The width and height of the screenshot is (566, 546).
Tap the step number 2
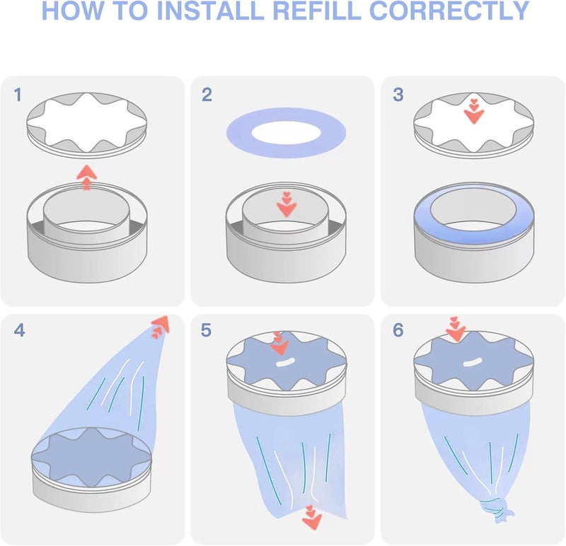[x=207, y=94]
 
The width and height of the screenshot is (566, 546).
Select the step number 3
[x=398, y=94]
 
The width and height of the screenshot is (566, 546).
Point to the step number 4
[x=19, y=330]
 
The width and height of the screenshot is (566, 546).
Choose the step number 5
[x=207, y=330]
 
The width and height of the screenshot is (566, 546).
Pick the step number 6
[x=398, y=330]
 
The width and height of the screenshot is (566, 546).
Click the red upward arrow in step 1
[x=86, y=176]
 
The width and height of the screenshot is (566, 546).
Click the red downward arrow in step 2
[x=287, y=204]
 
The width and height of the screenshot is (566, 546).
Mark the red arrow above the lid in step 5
[x=279, y=343]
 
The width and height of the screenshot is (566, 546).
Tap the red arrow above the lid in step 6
[x=456, y=328]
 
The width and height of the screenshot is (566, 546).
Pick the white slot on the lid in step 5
[x=284, y=362]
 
